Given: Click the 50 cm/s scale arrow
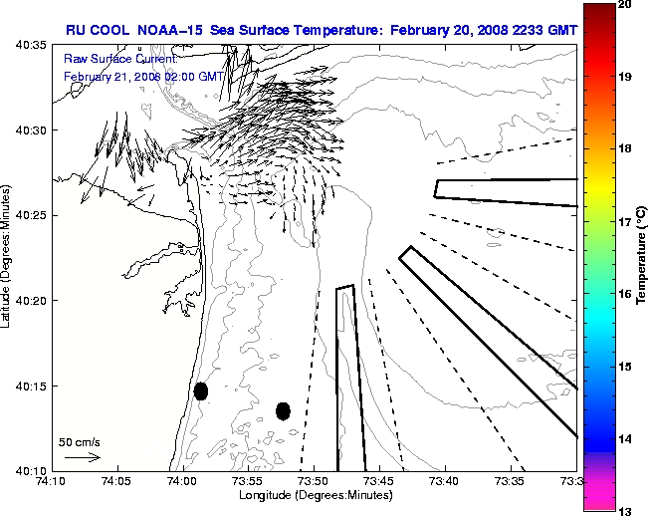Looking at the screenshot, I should click(x=82, y=457).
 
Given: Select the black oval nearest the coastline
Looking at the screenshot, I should click(x=201, y=390).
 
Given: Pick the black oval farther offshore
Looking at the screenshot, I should click(x=283, y=410).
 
